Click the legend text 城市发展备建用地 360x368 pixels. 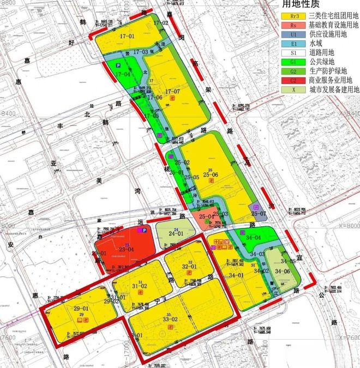click(334, 89)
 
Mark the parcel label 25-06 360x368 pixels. click(210, 174)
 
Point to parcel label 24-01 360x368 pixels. click(176, 233)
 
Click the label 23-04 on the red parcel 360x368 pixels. click(127, 249)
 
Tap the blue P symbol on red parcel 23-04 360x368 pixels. click(144, 231)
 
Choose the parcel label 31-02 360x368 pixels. click(140, 286)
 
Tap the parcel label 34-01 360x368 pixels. click(236, 275)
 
